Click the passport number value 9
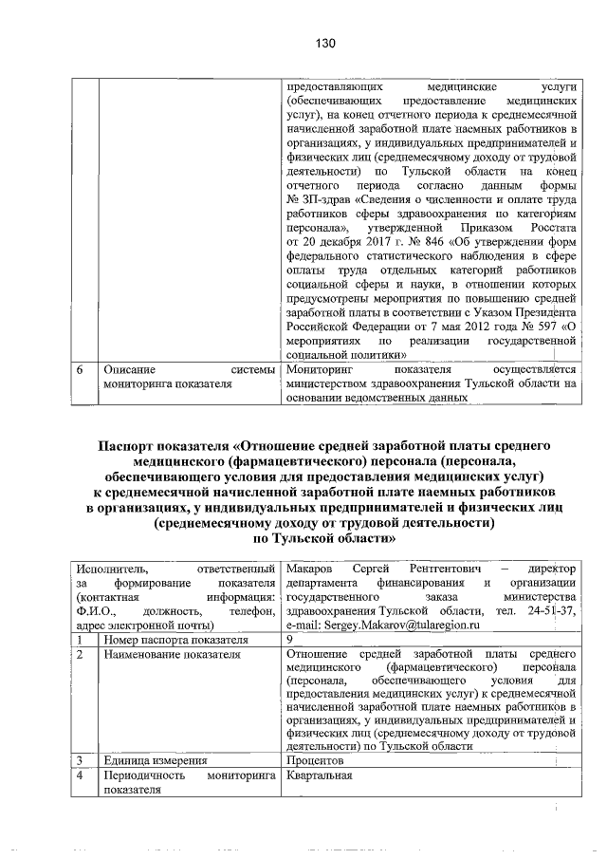(x=289, y=640)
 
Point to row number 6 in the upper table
(x=83, y=368)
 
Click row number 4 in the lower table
(x=83, y=775)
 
